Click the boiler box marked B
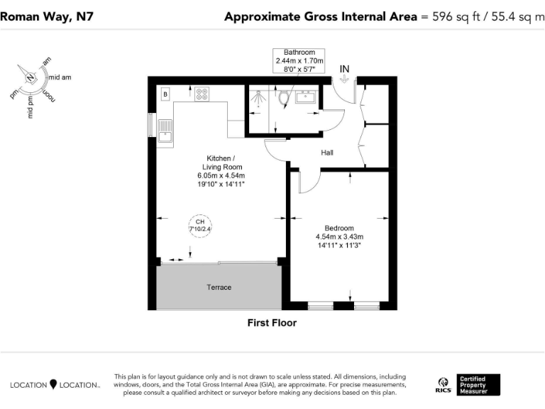[x=165, y=94]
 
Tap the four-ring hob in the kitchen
[x=202, y=94]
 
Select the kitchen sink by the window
[x=165, y=131]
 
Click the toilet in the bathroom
[x=284, y=97]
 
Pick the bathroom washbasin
[x=307, y=97]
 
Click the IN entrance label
[x=345, y=69]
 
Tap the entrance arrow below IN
[x=345, y=80]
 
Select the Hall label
[x=326, y=153]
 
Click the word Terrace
[x=219, y=287]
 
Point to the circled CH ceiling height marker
[x=200, y=226]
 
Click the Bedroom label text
[x=339, y=229]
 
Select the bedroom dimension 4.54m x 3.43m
[x=339, y=237]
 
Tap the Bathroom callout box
[x=299, y=61]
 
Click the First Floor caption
[x=272, y=323]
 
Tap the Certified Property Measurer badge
[x=478, y=385]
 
